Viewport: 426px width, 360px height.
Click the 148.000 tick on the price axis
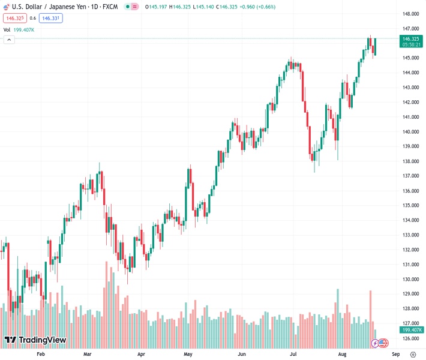pyautogui.click(x=410, y=14)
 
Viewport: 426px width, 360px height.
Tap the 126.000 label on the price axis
pyautogui.click(x=410, y=338)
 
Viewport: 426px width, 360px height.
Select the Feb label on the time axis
pyautogui.click(x=41, y=354)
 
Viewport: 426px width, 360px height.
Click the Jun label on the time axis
pyautogui.click(x=242, y=354)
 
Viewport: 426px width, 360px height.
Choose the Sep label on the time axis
pyautogui.click(x=394, y=354)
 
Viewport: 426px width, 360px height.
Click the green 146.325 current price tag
pyautogui.click(x=411, y=38)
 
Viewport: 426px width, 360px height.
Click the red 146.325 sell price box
pyautogui.click(x=15, y=18)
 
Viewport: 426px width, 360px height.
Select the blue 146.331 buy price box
pyautogui.click(x=51, y=18)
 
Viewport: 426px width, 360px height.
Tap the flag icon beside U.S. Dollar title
pyautogui.click(x=7, y=7)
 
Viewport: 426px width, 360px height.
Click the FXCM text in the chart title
pyautogui.click(x=110, y=7)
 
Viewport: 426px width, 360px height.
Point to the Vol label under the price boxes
pyautogui.click(x=7, y=29)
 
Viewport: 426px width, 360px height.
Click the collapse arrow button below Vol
pyautogui.click(x=9, y=40)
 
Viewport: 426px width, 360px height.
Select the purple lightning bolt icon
pyautogui.click(x=375, y=343)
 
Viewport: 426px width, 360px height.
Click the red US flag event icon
pyautogui.click(x=383, y=343)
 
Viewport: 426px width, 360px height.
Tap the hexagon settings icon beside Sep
pyautogui.click(x=413, y=354)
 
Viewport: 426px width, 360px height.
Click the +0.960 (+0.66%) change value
pyautogui.click(x=254, y=7)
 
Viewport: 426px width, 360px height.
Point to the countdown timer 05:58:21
pyautogui.click(x=411, y=44)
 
